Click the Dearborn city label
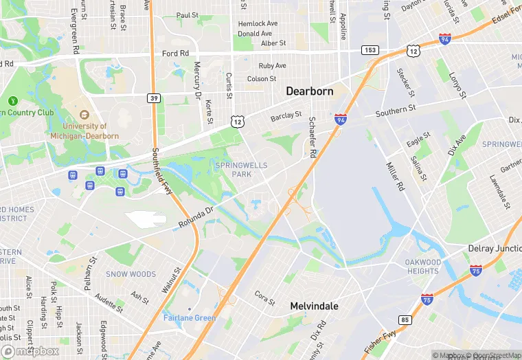click(309, 91)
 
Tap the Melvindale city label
click(315, 306)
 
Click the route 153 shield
click(370, 50)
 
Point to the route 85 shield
click(405, 319)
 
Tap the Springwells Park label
click(234, 170)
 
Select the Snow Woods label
click(130, 274)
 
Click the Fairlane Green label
click(190, 318)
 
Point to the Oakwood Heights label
click(422, 267)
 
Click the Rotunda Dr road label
click(196, 215)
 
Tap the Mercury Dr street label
click(197, 79)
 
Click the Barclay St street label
click(286, 116)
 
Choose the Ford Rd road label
click(175, 53)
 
